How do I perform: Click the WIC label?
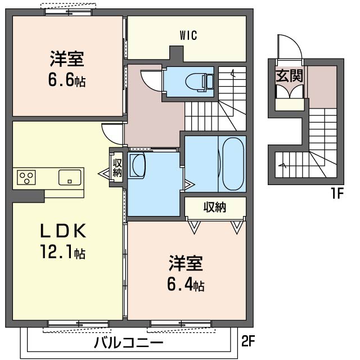tap(188, 35)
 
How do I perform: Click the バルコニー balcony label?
tap(128, 342)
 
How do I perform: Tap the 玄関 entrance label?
tap(290, 75)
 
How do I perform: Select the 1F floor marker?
tap(336, 195)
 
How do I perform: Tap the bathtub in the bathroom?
tap(233, 163)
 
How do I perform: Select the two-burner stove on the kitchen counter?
tap(26, 178)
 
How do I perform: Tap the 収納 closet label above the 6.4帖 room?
tap(214, 207)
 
